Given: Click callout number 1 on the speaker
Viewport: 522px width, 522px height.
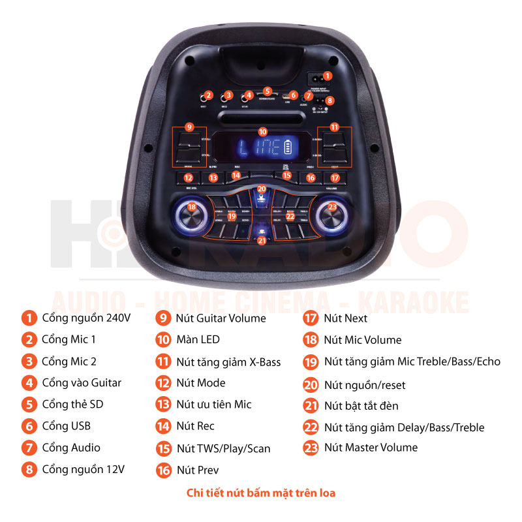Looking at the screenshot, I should pos(328,76).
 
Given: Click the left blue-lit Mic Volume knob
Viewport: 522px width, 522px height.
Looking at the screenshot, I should pos(192,215).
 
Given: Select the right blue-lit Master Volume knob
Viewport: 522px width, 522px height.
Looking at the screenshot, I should pos(331,215).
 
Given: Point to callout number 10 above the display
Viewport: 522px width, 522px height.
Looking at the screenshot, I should pos(262,131).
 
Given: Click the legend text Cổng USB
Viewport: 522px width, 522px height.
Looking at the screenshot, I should pos(66,426).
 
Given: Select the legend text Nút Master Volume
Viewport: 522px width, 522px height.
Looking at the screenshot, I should pos(371,448).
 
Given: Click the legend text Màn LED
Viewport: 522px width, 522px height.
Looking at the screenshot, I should pos(198,339).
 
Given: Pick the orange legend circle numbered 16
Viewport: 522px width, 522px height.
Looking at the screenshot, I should pos(163,470).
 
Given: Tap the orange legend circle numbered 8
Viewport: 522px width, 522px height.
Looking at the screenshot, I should pos(29,469).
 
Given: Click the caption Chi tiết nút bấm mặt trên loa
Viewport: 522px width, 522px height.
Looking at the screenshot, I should pos(261,493).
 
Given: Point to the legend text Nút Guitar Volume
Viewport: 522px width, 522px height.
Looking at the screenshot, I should pos(221,318).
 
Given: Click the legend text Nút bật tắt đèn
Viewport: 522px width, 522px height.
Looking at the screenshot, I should pos(361,406).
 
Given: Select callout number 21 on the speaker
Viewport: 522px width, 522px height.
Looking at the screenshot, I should pos(262,240).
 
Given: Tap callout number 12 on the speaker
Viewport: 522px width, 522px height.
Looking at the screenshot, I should pos(188,177).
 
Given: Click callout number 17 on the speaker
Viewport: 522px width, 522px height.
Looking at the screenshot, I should pos(335,177).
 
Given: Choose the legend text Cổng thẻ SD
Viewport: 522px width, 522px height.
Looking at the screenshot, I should pos(72,405).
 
